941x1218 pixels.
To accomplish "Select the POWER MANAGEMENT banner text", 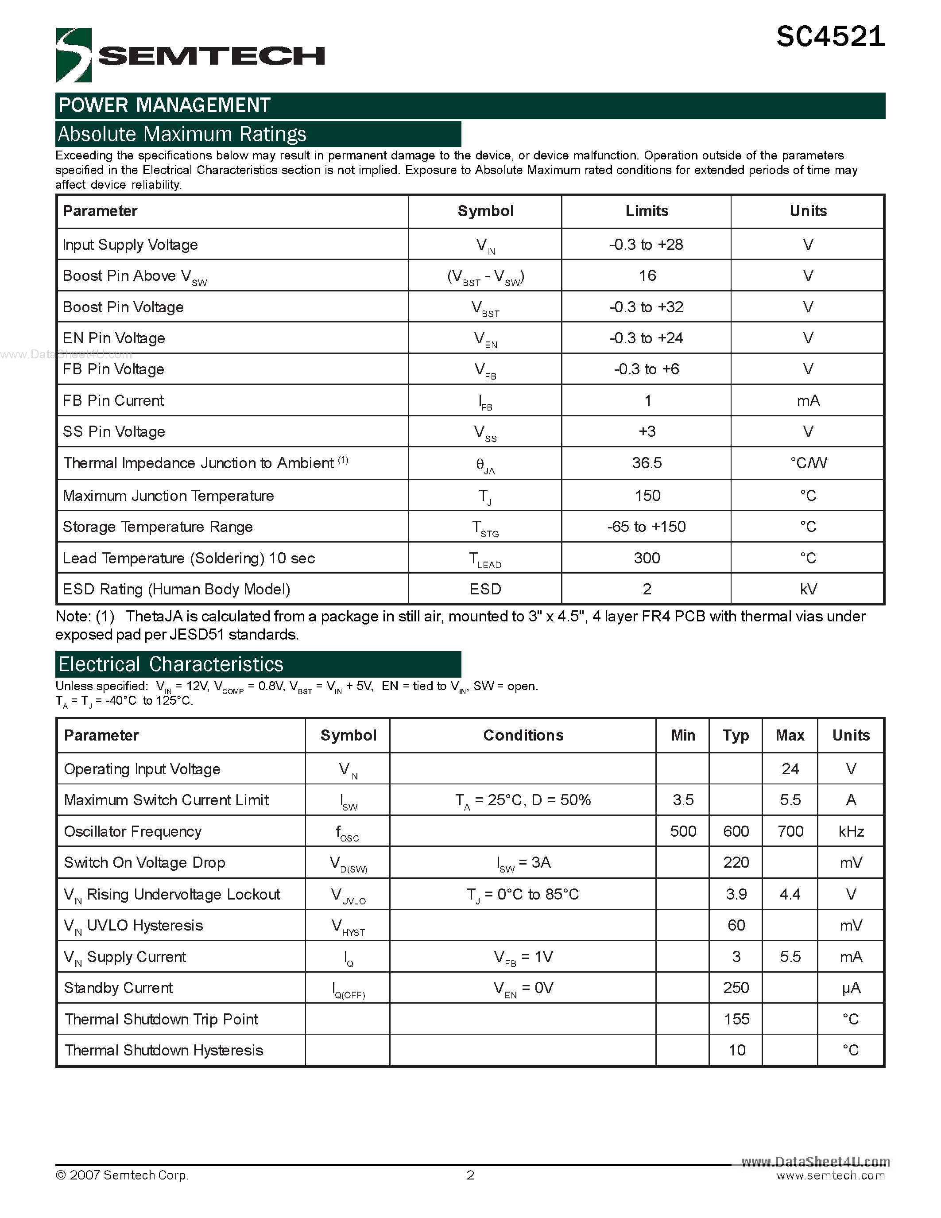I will (x=164, y=105).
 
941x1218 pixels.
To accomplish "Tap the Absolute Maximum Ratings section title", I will (x=182, y=134).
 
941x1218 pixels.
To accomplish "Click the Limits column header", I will (x=646, y=211).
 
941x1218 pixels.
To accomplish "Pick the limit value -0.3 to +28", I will (x=646, y=244).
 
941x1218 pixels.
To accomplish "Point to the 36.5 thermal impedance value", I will (x=647, y=462).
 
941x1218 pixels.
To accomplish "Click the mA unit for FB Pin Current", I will (x=808, y=400).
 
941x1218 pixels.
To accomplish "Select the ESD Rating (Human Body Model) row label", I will (x=176, y=589).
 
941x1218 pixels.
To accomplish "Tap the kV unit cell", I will (x=808, y=589).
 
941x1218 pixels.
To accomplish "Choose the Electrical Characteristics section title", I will (x=171, y=664).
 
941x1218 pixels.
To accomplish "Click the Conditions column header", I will (x=523, y=735).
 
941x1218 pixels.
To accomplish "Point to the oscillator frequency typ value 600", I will (x=736, y=831).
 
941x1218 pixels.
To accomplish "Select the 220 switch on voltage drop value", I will (x=736, y=862).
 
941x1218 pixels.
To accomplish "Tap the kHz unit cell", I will (x=851, y=831).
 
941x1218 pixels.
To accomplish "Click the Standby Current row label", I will (x=118, y=988).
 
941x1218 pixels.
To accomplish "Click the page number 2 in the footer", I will (x=470, y=1175).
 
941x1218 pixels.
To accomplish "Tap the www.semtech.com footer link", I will (x=830, y=1175).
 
